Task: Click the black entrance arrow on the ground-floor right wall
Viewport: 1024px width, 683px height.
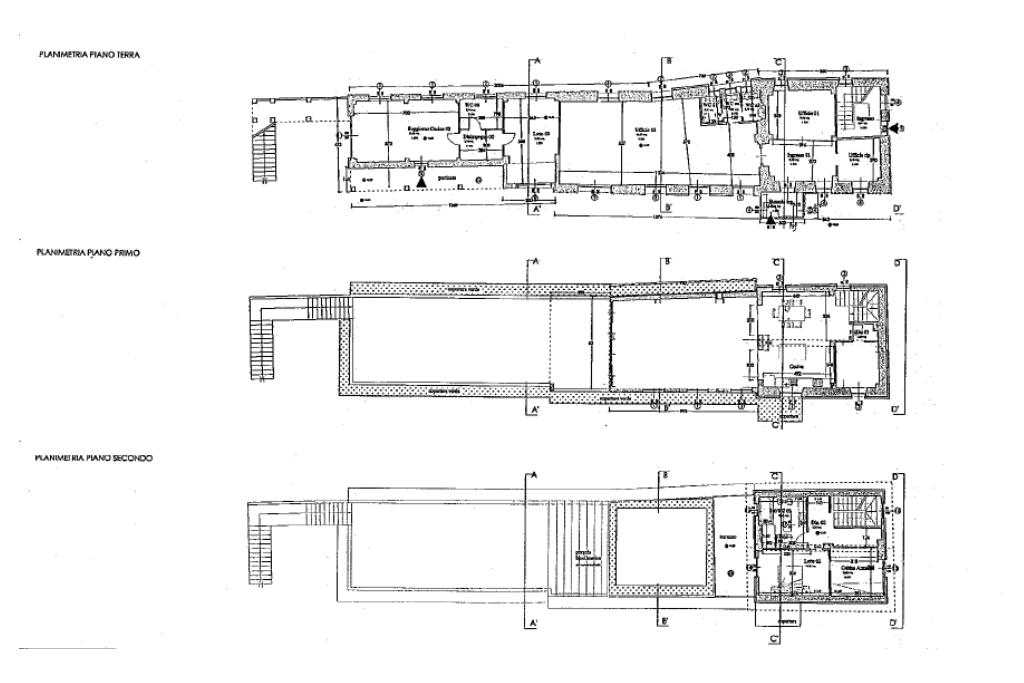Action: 897,128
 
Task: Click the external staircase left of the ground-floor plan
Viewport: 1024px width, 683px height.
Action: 265,150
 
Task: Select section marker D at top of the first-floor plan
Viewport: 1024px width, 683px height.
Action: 898,264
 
